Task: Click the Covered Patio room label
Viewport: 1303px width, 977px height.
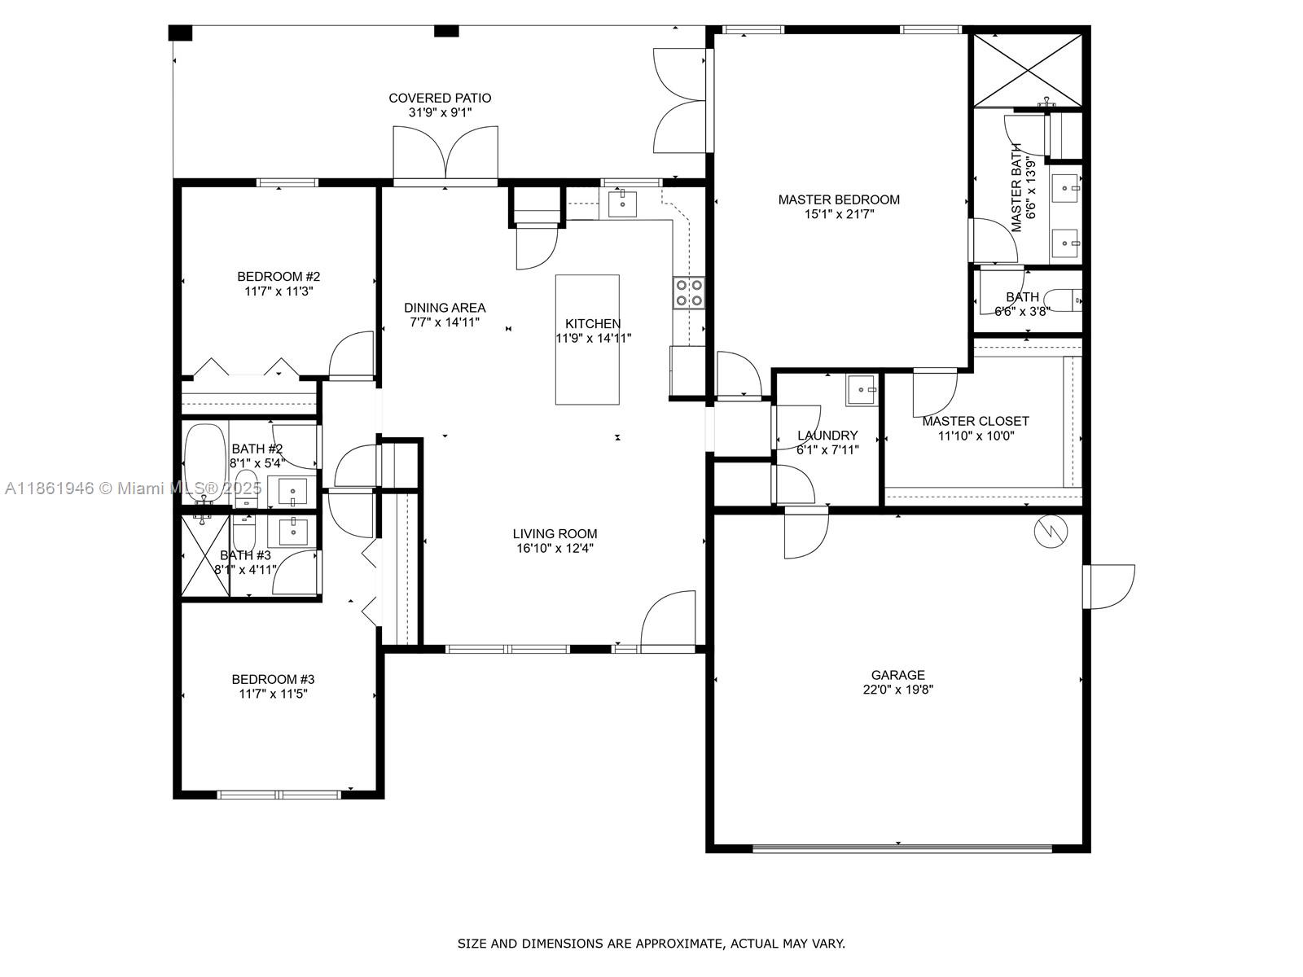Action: [440, 99]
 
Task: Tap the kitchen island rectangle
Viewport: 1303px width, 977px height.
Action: [587, 340]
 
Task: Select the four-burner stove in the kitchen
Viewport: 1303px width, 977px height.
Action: [689, 293]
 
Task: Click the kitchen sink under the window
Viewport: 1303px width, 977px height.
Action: [623, 204]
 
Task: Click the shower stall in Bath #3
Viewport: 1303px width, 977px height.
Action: [205, 555]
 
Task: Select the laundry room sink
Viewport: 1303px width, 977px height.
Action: [861, 390]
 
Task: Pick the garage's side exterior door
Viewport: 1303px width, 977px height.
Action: [1109, 586]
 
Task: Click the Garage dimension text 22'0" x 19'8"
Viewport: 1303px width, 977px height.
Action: [897, 690]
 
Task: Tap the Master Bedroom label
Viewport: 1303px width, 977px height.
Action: [839, 199]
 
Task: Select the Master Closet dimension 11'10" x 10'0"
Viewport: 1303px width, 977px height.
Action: [976, 436]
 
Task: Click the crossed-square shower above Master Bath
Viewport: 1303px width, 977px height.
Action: [1028, 70]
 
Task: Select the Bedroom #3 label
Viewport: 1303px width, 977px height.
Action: [273, 679]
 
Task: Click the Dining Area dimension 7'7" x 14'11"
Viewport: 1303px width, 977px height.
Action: [445, 322]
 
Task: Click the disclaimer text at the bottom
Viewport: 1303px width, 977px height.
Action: [651, 944]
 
